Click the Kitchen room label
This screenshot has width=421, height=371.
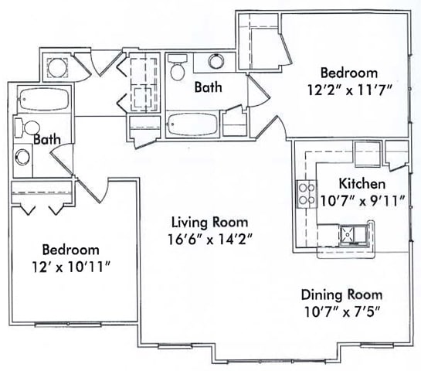pos(362,185)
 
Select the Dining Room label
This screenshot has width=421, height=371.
pos(341,294)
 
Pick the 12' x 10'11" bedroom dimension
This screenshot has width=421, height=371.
pos(70,267)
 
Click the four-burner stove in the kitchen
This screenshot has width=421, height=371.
pos(307,192)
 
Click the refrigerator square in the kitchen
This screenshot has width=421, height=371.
pos(364,149)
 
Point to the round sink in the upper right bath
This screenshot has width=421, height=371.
pos(214,63)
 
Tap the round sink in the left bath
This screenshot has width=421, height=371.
pos(23,157)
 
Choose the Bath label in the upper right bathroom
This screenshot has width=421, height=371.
pos(208,87)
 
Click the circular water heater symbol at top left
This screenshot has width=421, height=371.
pos(56,66)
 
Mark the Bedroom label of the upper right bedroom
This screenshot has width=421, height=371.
pos(343,73)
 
